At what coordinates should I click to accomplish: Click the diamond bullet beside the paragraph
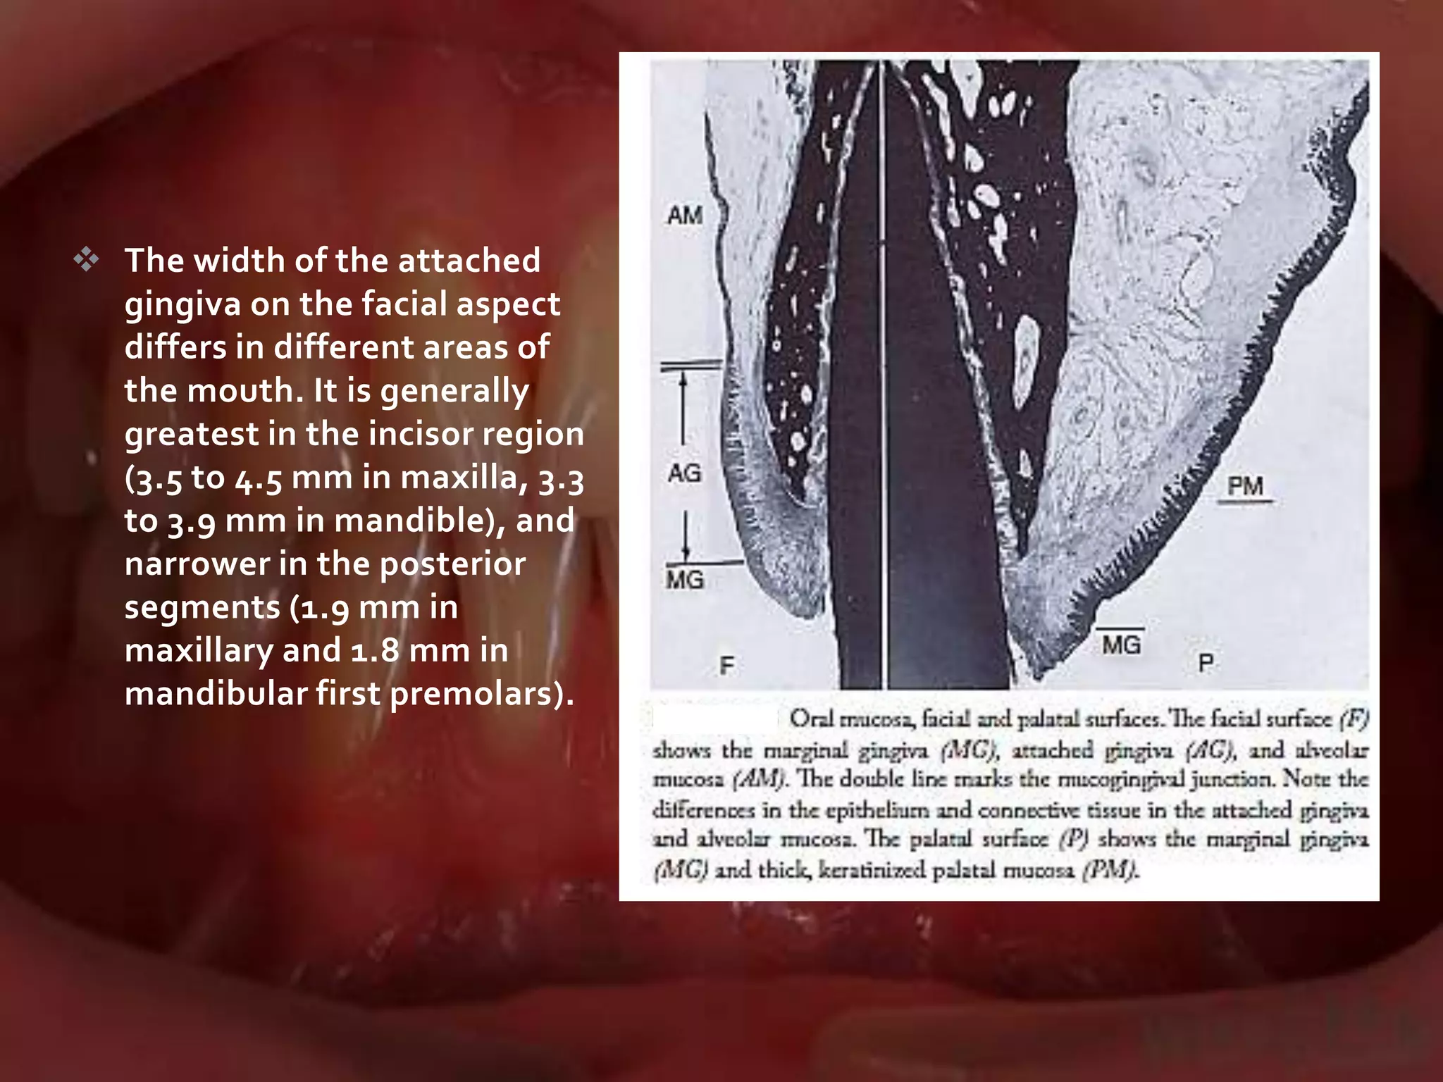[86, 261]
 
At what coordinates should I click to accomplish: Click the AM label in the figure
[685, 215]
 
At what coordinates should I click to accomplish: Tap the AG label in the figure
[685, 473]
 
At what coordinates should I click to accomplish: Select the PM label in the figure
[1245, 485]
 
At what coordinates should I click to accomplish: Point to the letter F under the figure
[726, 665]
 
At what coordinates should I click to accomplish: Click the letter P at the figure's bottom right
[1206, 662]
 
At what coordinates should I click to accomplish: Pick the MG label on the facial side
[685, 580]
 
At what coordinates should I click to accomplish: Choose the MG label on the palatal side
[1121, 644]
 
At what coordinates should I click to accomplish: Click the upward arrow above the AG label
[682, 409]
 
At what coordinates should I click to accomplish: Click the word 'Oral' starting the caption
[810, 719]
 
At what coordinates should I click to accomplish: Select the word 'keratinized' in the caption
[870, 871]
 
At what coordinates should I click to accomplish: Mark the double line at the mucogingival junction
[691, 366]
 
